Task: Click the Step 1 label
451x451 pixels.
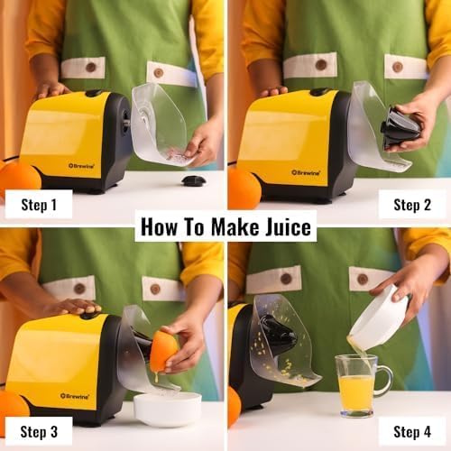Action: coord(39,204)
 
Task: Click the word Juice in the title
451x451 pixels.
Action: coord(280,225)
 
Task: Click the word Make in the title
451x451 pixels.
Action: coord(215,225)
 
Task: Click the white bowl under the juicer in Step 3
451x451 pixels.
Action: coord(167,408)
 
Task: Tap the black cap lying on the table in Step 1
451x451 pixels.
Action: coord(193,180)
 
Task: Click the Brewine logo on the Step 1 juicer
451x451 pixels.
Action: coord(82,165)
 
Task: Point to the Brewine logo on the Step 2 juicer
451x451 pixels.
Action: coord(307,171)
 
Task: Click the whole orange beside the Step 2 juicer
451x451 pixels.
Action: coord(243,188)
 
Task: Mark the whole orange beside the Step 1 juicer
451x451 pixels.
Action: coord(18,178)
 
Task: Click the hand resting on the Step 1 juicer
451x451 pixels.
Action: coord(52,89)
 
